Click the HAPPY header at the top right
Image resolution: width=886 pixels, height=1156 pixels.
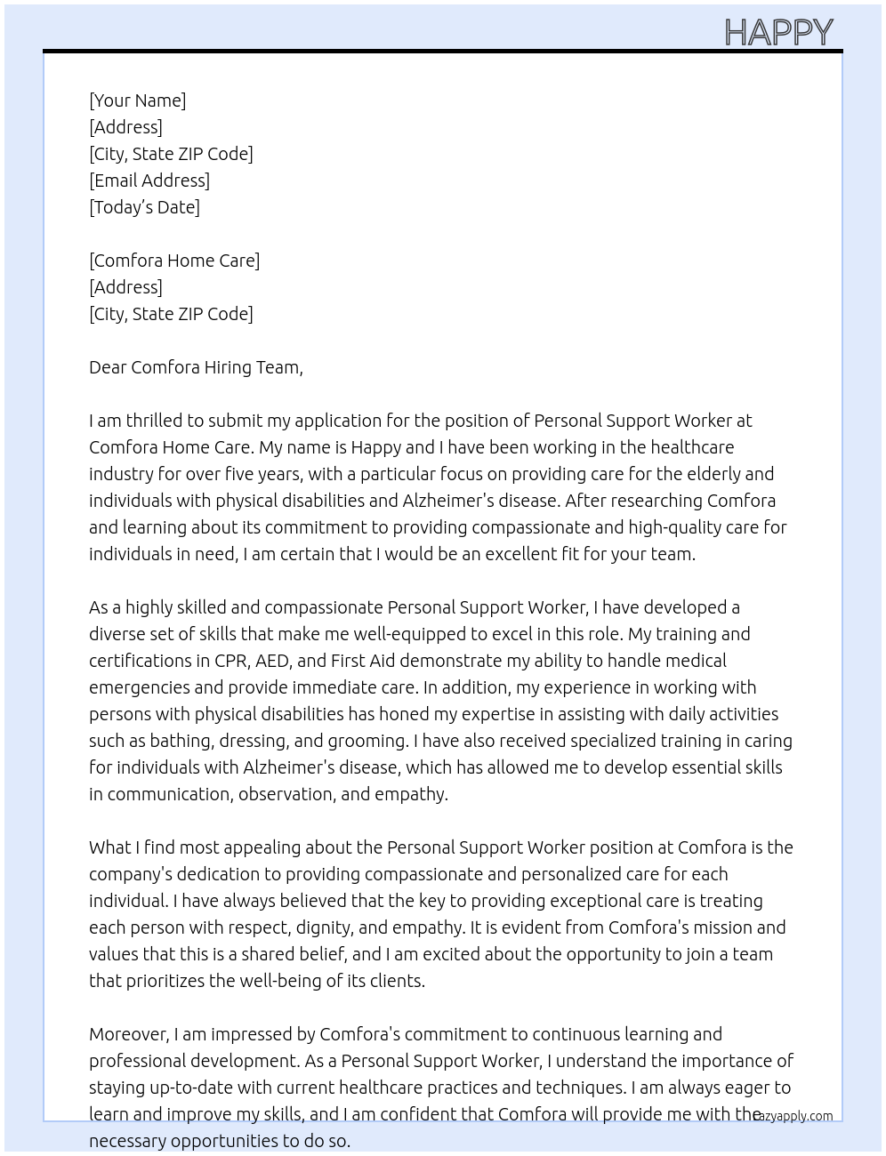click(x=778, y=33)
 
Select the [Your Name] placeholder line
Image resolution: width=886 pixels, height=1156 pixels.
click(x=138, y=100)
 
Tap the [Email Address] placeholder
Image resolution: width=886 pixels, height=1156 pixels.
click(x=149, y=181)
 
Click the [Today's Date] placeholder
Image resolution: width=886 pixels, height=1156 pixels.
click(x=144, y=207)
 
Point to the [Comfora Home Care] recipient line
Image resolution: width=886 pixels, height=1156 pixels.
click(x=174, y=261)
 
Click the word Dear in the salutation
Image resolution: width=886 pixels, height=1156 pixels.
click(x=108, y=367)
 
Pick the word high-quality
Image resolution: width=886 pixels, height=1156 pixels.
click(x=673, y=527)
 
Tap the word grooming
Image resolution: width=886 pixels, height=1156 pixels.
click(x=366, y=741)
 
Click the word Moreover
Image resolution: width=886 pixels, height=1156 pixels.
click(x=128, y=1034)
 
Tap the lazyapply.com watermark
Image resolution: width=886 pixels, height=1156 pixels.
click(x=793, y=1116)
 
